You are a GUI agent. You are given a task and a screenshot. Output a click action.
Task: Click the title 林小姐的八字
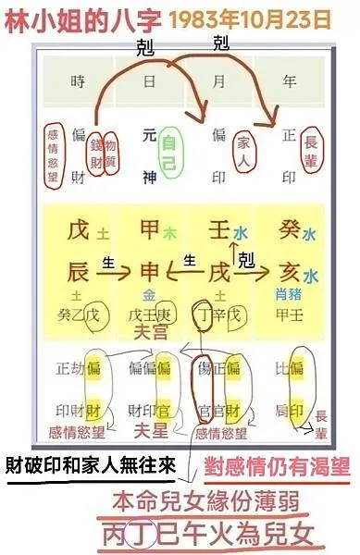[70, 18]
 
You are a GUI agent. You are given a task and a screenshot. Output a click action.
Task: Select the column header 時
[78, 81]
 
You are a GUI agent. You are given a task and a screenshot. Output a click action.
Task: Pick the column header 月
[219, 81]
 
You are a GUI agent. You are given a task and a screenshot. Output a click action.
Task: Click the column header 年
[288, 81]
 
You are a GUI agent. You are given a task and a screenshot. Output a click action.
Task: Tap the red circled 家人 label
[243, 144]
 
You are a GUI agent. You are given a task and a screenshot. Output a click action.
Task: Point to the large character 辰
[78, 273]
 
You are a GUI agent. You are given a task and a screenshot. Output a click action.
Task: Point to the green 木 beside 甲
[169, 234]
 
